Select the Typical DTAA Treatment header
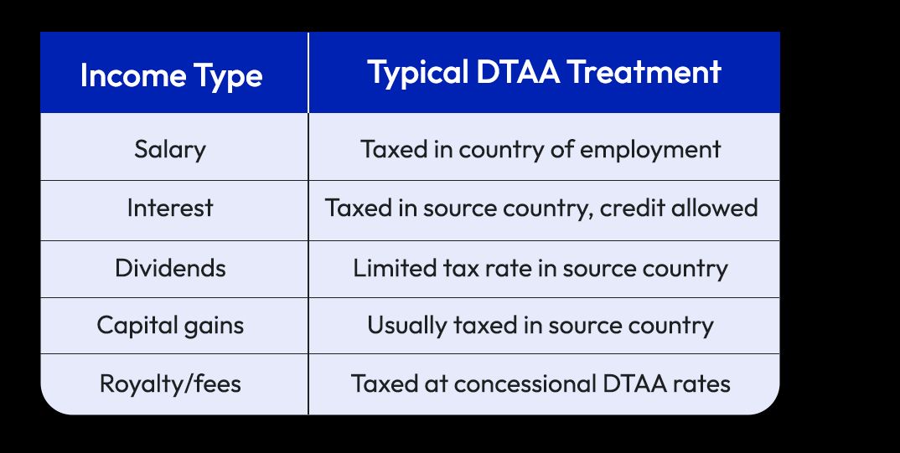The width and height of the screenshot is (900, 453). pos(544,73)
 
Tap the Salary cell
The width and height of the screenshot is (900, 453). pos(170,150)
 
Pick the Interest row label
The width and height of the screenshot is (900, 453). pos(170,208)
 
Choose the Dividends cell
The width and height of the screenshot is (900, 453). pos(170,268)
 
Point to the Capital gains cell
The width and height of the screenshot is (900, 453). pos(170,324)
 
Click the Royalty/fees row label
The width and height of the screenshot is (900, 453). pos(170,384)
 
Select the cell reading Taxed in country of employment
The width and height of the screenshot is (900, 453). pos(541,150)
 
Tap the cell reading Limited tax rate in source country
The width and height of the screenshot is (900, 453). pos(541,268)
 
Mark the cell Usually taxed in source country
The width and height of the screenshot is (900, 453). pos(541,324)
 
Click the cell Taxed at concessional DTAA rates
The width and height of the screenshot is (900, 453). pos(541,384)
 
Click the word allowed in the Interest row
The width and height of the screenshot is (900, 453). pos(717,208)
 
